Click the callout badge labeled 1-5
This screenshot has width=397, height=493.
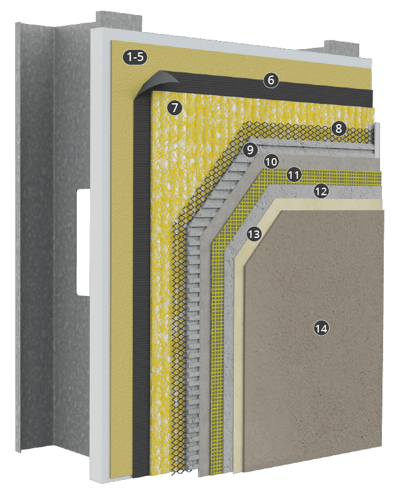click(x=135, y=58)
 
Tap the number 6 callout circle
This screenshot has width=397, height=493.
click(x=271, y=80)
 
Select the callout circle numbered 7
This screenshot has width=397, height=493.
click(x=175, y=108)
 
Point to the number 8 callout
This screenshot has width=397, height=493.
click(x=338, y=129)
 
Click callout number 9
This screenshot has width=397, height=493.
click(x=250, y=150)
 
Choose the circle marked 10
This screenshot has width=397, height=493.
click(x=271, y=161)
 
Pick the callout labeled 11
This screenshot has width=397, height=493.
click(x=294, y=174)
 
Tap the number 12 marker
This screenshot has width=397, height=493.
click(x=321, y=191)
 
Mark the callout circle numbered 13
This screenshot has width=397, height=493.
click(x=254, y=234)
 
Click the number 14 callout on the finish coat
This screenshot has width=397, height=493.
click(x=321, y=327)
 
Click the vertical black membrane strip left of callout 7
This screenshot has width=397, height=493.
click(x=142, y=283)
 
